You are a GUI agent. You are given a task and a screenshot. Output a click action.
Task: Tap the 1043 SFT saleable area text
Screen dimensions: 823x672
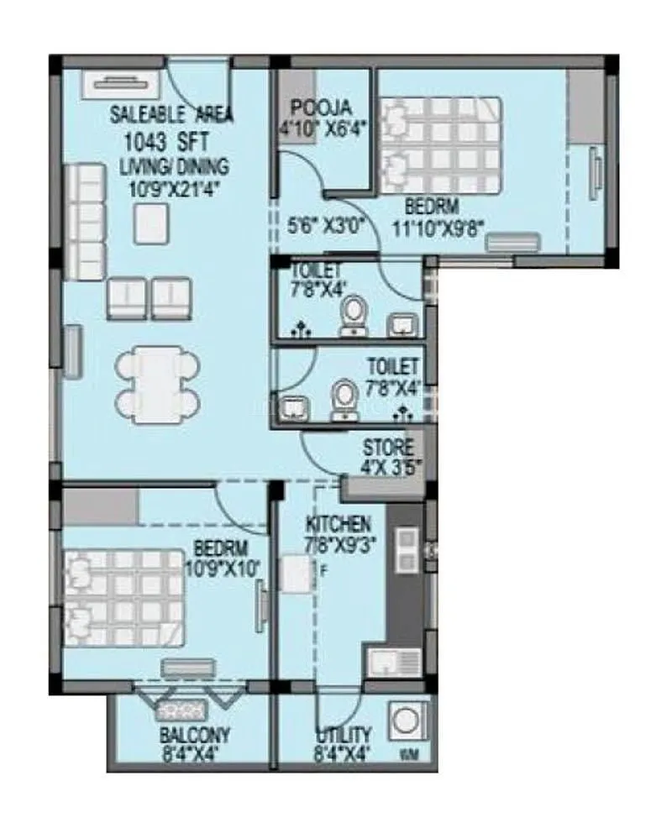[x=165, y=140]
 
